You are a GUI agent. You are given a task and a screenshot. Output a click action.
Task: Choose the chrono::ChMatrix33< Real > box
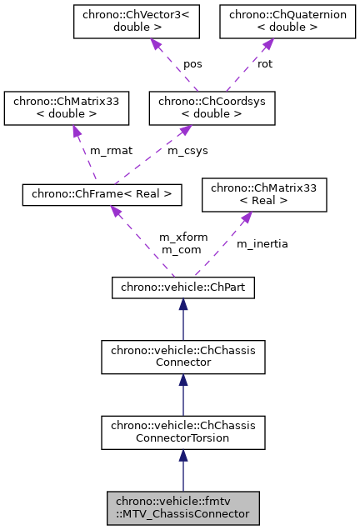click(x=264, y=194)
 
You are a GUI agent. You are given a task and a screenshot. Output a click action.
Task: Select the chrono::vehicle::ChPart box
click(x=182, y=287)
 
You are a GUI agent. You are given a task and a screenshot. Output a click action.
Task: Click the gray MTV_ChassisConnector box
click(x=183, y=507)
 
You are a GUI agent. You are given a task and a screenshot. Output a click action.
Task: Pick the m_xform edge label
click(x=177, y=237)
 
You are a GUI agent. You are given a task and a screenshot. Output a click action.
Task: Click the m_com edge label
click(x=177, y=249)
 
